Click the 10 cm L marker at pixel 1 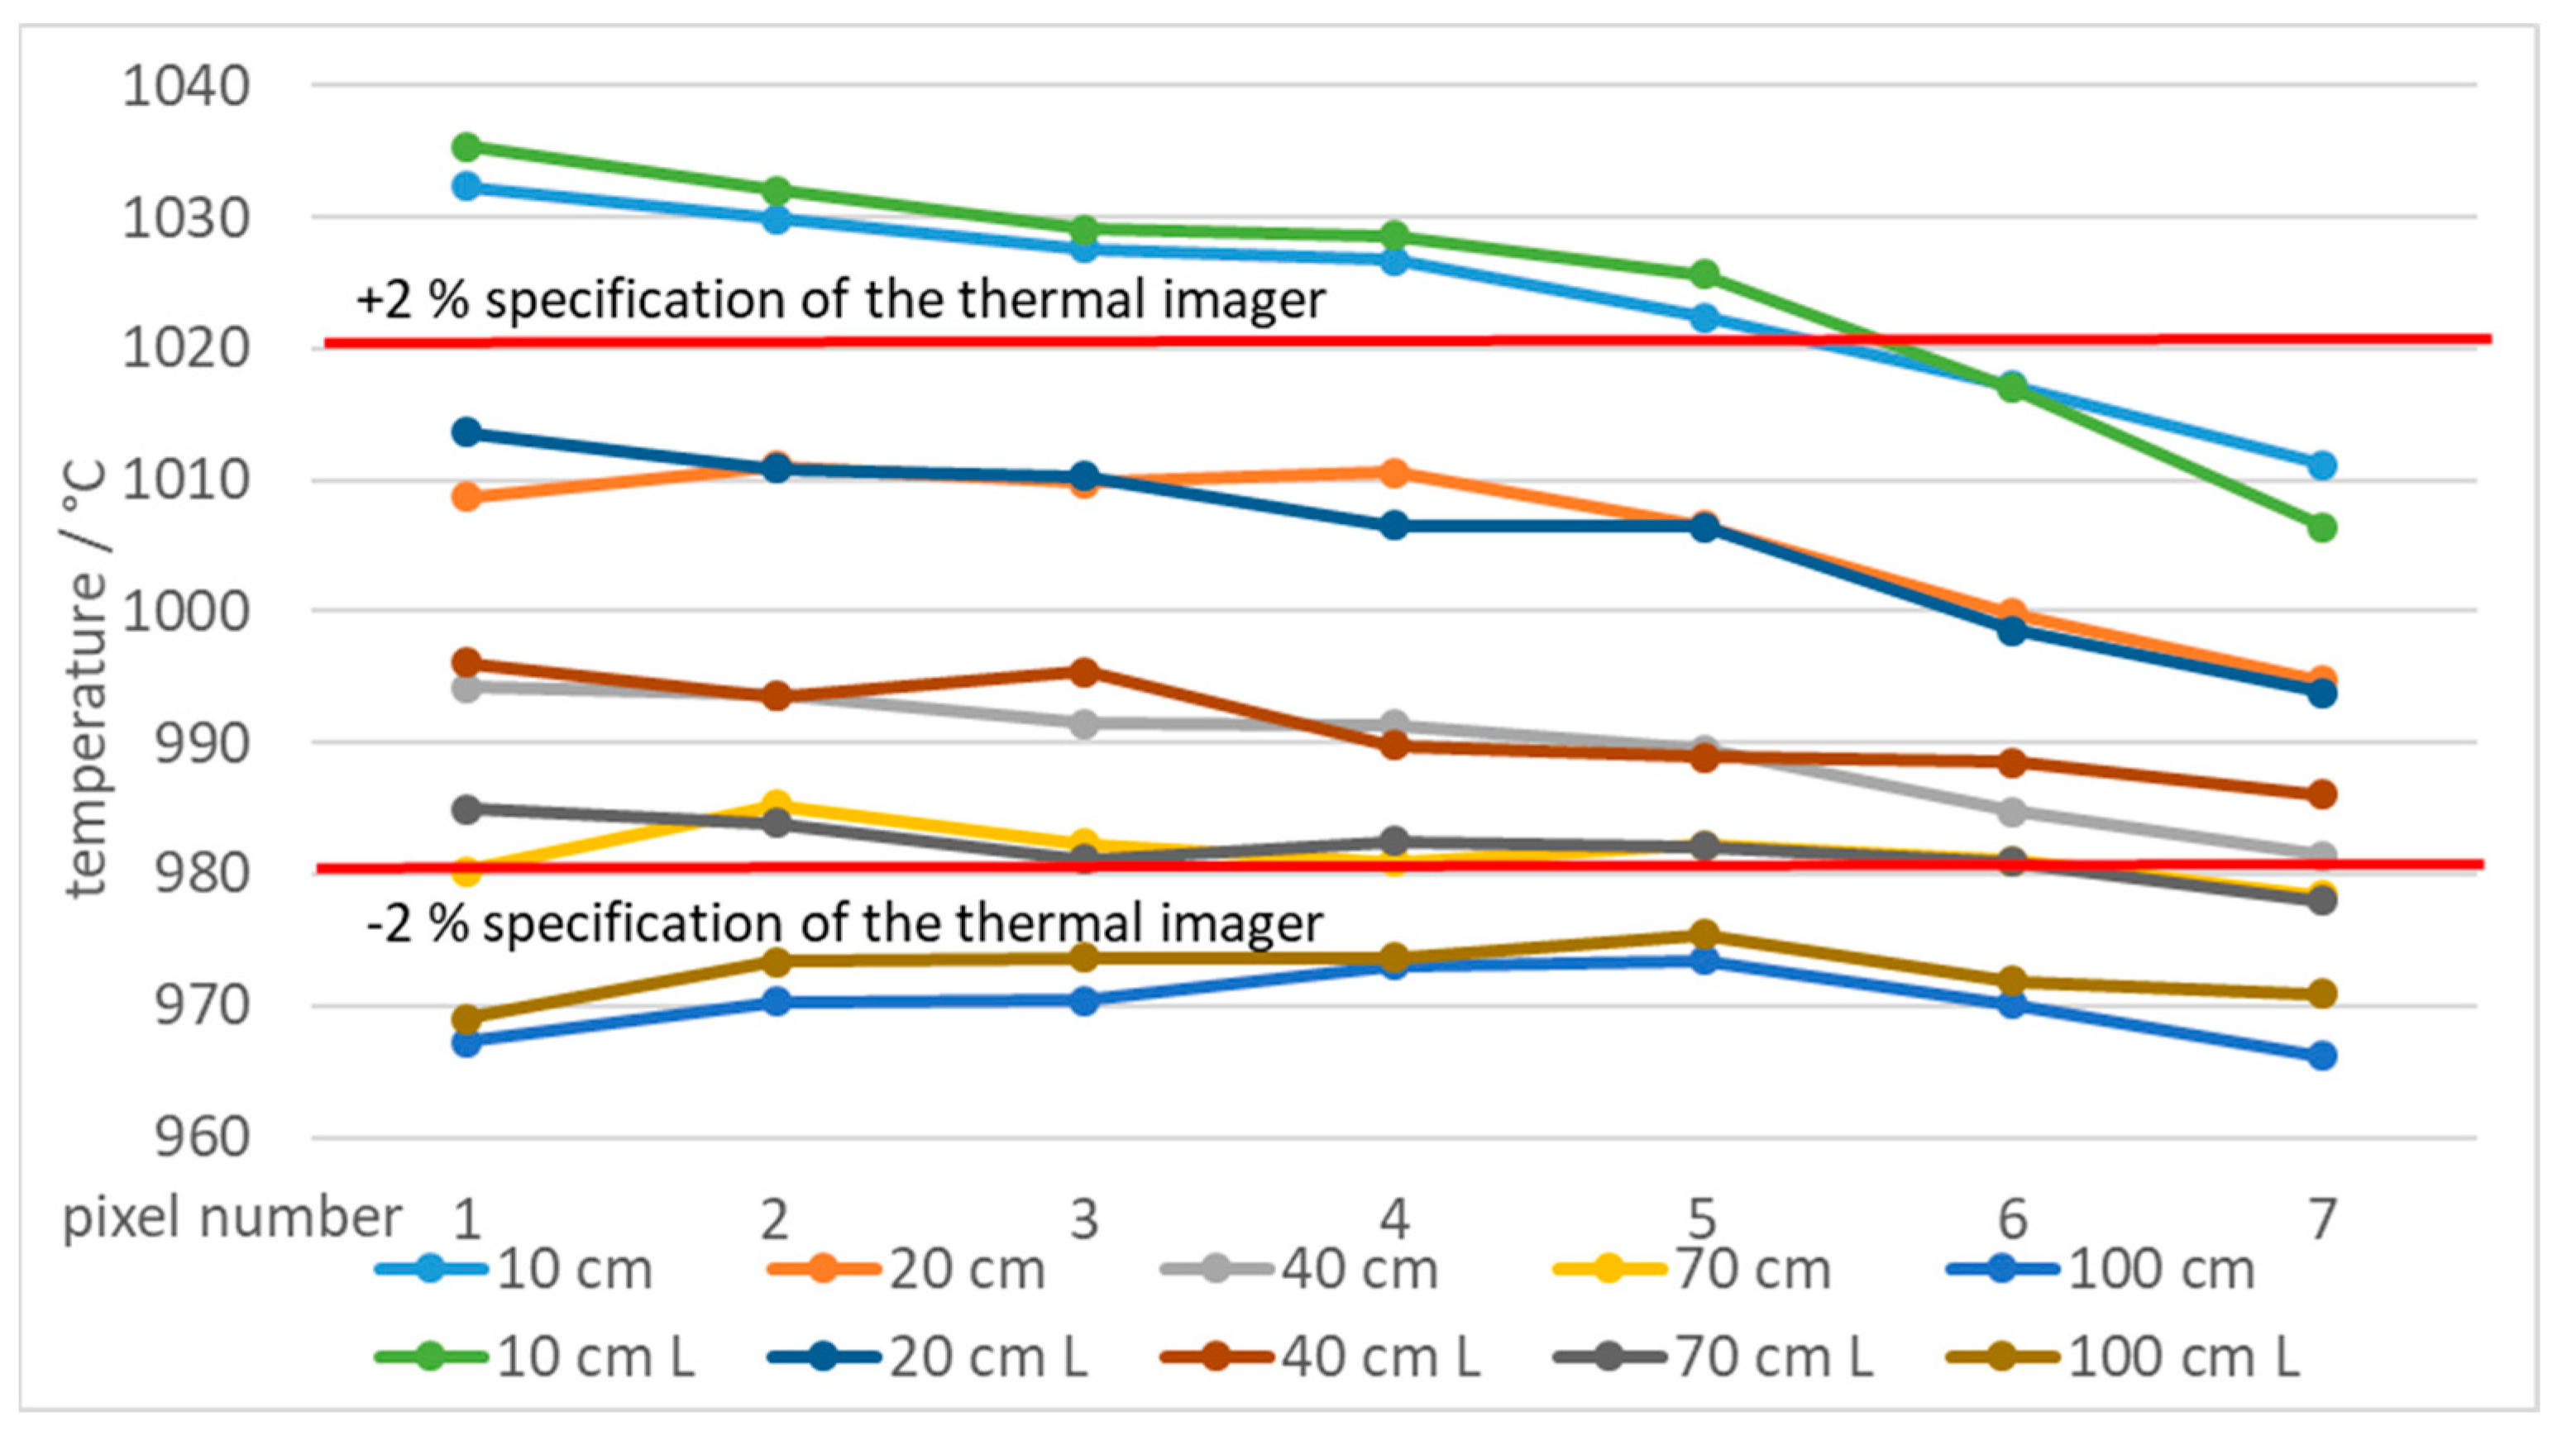(x=466, y=147)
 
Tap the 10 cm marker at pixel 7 (x=2321, y=465)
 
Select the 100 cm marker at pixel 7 (x=2321, y=1055)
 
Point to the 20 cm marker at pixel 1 (x=466, y=496)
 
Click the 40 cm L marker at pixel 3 (x=1084, y=672)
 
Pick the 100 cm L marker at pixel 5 (x=1704, y=934)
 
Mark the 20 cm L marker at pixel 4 (x=1394, y=525)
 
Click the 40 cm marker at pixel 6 (x=2012, y=812)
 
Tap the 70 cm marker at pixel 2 (x=777, y=803)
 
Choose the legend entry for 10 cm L (x=537, y=1357)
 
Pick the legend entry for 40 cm (x=1303, y=1270)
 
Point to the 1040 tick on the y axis (x=186, y=87)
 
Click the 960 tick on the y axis (x=202, y=1137)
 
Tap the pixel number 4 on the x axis (x=1394, y=1218)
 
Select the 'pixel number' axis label (x=232, y=1218)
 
